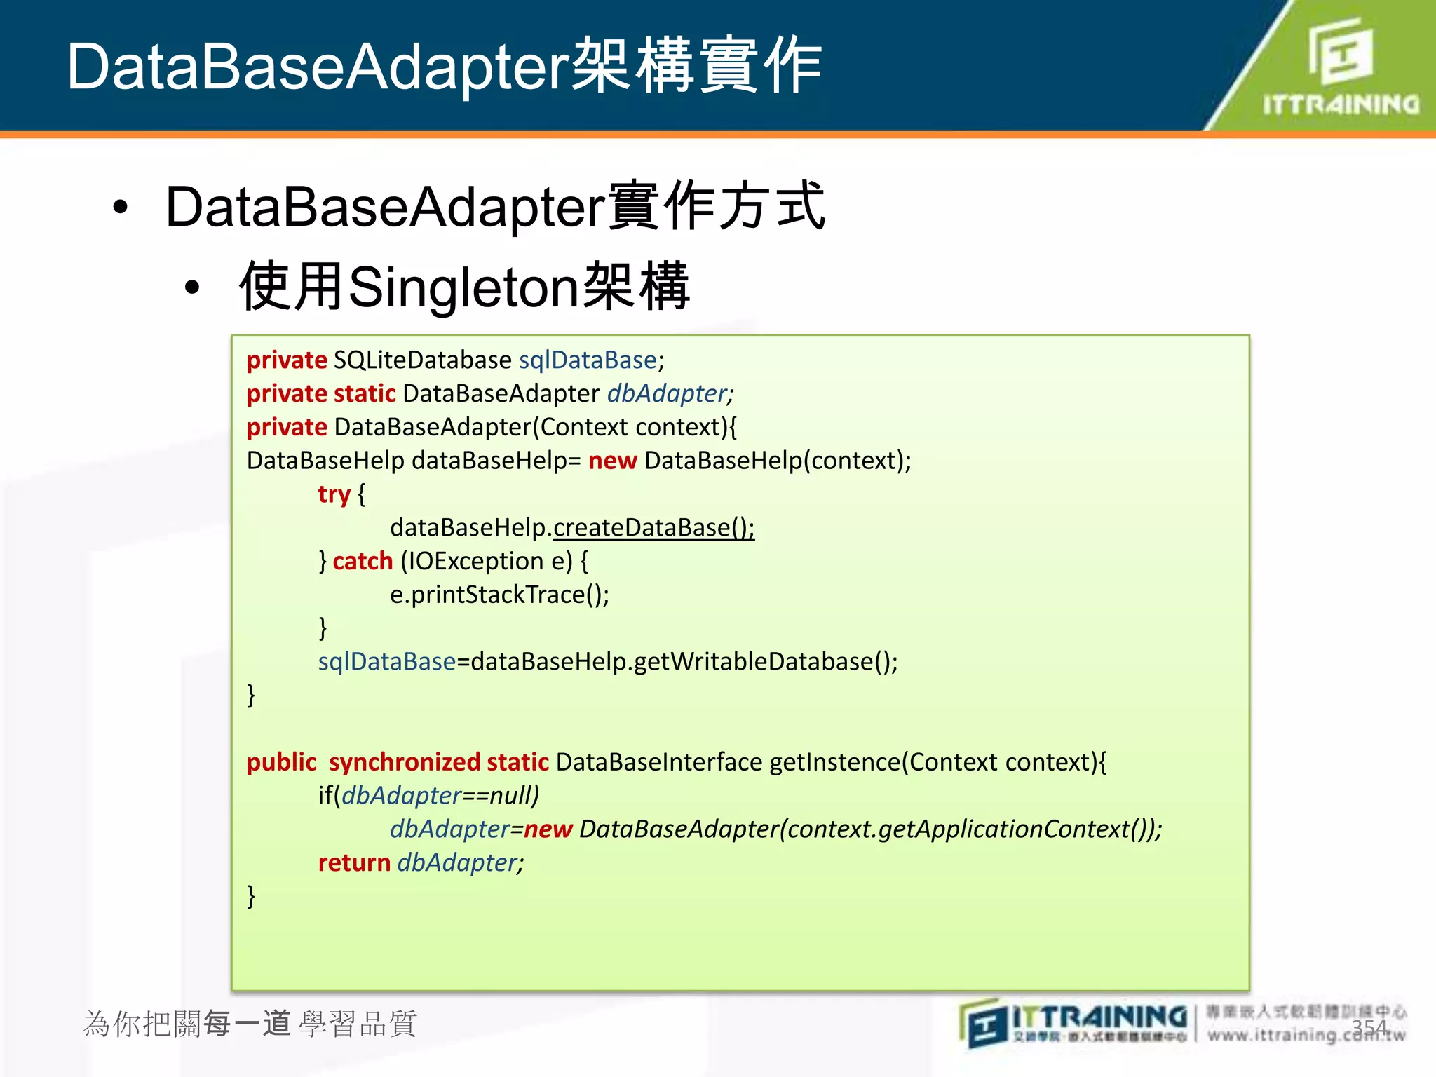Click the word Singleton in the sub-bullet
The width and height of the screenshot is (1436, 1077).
click(x=463, y=287)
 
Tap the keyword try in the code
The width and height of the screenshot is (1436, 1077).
click(x=334, y=494)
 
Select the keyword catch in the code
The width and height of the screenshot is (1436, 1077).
click(x=363, y=561)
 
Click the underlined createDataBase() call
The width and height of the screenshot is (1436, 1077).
click(x=653, y=527)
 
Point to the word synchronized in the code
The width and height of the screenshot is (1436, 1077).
click(x=404, y=762)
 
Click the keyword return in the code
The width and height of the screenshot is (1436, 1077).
click(x=354, y=862)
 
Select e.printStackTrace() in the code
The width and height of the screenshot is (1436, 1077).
click(x=499, y=595)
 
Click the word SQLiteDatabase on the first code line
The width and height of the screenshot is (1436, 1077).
click(x=422, y=360)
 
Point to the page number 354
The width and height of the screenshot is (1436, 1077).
click(x=1369, y=1027)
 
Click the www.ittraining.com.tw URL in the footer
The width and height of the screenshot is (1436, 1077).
click(x=1306, y=1035)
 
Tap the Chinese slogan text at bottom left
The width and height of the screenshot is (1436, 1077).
click(x=250, y=1024)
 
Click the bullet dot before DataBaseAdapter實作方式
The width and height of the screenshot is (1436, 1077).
click(x=121, y=208)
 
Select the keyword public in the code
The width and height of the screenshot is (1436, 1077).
click(x=281, y=762)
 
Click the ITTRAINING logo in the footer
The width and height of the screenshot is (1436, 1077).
click(x=1073, y=1024)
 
